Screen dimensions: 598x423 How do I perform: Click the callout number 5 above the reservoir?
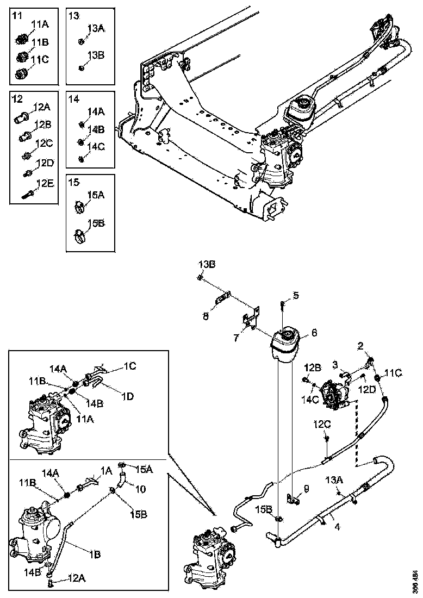(296, 296)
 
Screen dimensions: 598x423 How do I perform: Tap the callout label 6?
(314, 332)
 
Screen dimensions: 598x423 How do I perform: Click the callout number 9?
(306, 489)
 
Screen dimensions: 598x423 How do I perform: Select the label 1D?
(128, 396)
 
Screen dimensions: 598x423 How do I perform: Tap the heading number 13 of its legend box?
(74, 16)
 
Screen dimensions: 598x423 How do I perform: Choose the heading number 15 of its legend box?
(74, 183)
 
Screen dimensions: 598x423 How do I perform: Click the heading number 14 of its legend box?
(74, 99)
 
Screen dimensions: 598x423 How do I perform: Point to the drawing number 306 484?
(415, 580)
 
